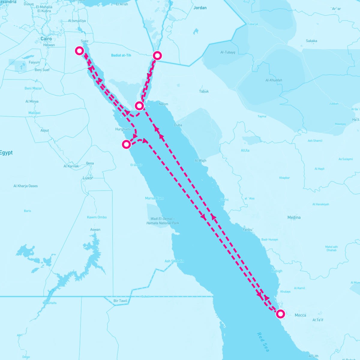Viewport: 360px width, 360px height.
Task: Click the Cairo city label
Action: tap(46, 39)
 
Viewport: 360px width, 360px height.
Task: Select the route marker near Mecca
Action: tap(280, 314)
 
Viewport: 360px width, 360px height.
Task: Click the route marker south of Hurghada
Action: tap(127, 144)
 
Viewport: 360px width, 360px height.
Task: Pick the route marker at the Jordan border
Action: tap(157, 55)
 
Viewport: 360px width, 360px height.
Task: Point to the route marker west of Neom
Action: tap(139, 106)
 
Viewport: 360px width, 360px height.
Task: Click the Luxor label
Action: tap(88, 178)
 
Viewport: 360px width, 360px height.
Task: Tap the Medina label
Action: tap(294, 217)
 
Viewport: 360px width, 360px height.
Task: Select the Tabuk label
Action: tap(204, 91)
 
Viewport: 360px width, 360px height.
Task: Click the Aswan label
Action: tap(95, 229)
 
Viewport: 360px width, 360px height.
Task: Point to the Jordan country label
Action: tap(200, 8)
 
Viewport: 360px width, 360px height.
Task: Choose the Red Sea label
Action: tap(263, 342)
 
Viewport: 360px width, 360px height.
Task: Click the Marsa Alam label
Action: tap(154, 198)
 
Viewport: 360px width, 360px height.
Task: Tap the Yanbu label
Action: tap(248, 230)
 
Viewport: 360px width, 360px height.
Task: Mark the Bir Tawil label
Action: tap(120, 301)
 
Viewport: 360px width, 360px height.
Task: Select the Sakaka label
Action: tap(311, 41)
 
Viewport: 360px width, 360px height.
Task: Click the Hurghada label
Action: tap(123, 129)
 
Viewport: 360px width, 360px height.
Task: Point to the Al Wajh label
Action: tap(200, 160)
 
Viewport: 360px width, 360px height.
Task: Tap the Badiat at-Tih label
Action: tap(121, 55)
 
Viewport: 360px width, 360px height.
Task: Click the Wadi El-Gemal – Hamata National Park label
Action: tap(163, 221)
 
